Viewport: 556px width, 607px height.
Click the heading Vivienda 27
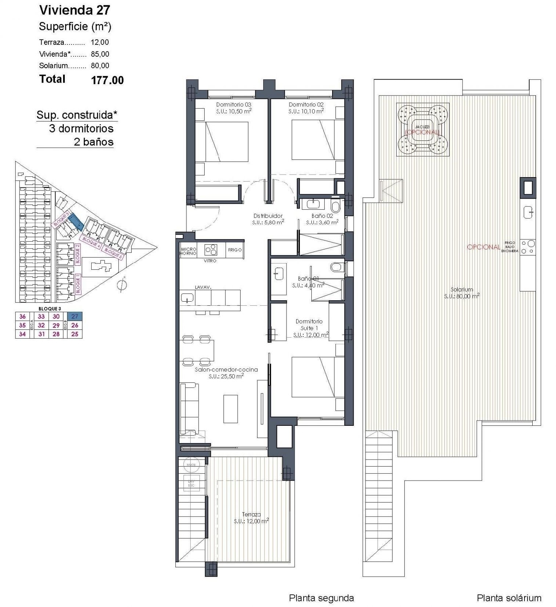(75, 10)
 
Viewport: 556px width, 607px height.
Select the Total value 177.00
(107, 80)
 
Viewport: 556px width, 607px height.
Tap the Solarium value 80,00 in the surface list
(100, 66)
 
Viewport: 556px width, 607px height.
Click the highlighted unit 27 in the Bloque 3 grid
(75, 316)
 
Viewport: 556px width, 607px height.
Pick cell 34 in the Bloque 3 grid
(23, 334)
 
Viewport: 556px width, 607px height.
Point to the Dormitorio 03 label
(234, 105)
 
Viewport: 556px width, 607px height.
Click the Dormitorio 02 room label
(306, 105)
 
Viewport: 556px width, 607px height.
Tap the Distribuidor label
(268, 216)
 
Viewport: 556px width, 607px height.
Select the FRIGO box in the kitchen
(235, 250)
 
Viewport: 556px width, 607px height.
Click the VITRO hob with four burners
(211, 250)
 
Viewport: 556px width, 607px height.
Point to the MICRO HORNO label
(188, 251)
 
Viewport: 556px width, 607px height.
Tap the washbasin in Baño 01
(279, 274)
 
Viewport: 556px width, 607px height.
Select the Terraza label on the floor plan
(251, 514)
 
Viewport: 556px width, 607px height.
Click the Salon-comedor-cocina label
(226, 369)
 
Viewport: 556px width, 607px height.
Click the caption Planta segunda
(321, 598)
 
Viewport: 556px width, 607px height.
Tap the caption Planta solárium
(509, 598)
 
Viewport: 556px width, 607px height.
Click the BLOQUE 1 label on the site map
(78, 283)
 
